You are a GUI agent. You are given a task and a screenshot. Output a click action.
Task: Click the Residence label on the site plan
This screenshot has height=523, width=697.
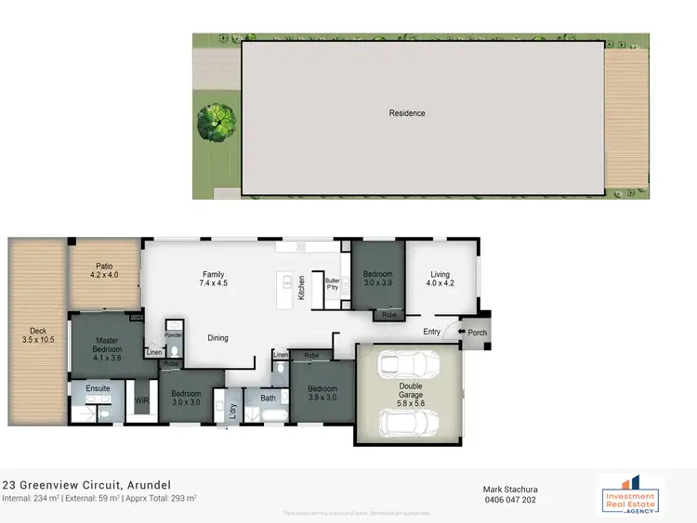point(407,113)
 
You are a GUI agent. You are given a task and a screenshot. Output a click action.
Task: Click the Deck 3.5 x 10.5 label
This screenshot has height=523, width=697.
point(38,335)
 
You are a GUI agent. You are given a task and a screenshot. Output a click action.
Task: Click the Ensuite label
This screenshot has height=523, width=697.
point(99,388)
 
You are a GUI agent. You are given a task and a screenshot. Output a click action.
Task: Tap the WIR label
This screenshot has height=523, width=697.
point(142,400)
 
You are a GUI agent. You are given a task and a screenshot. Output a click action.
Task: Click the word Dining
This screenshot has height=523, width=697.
point(218,338)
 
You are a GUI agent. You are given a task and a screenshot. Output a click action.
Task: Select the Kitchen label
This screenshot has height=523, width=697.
point(301,289)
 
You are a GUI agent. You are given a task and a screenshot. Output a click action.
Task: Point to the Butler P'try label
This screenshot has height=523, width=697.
point(332,283)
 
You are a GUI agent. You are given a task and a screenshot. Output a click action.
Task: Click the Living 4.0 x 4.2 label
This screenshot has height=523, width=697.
point(440,279)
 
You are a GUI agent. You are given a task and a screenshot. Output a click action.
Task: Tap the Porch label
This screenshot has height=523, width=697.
point(478,333)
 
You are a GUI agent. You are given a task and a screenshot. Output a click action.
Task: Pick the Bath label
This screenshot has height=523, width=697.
point(269,399)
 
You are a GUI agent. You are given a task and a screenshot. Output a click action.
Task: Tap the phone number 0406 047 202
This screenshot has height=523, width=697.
point(510,499)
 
